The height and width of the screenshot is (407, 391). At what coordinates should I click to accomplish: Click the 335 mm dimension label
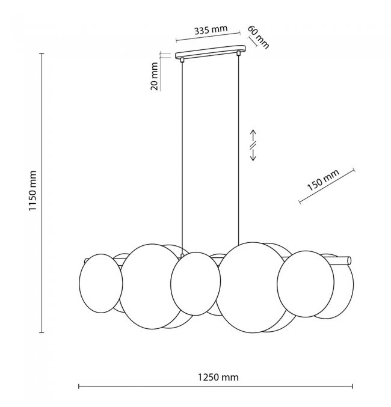click(x=211, y=30)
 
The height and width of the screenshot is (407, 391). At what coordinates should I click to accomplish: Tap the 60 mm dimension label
click(x=258, y=37)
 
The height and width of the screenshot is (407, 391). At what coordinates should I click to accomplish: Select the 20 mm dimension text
click(x=154, y=76)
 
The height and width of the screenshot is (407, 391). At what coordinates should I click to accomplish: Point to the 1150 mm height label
click(x=32, y=191)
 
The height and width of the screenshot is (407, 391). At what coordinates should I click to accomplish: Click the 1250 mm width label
click(x=218, y=377)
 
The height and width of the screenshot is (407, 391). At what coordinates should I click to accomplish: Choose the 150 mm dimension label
click(x=323, y=180)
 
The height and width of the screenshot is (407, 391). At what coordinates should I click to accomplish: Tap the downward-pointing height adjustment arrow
click(x=253, y=155)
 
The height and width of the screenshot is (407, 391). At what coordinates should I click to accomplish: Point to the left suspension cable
click(x=182, y=158)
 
